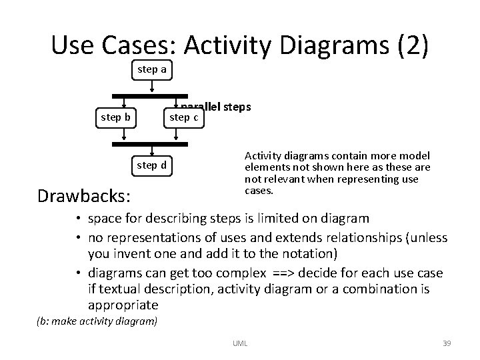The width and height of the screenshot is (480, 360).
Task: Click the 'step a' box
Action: click(152, 69)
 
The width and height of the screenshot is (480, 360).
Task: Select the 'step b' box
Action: click(115, 117)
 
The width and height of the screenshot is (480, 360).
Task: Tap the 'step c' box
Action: click(183, 117)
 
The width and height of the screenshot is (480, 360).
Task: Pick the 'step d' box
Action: click(152, 165)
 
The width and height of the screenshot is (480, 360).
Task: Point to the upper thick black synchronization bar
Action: click(150, 95)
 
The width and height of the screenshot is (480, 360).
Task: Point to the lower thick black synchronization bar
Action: click(150, 143)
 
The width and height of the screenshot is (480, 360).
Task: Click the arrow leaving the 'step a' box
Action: click(153, 86)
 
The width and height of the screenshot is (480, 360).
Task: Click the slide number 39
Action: click(447, 343)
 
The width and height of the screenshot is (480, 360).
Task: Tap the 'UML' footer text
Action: click(239, 343)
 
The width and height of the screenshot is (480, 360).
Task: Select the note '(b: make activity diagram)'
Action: click(97, 321)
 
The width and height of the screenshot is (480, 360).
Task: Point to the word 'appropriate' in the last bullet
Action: click(123, 305)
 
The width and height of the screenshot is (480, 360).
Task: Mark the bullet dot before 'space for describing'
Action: click(78, 219)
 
